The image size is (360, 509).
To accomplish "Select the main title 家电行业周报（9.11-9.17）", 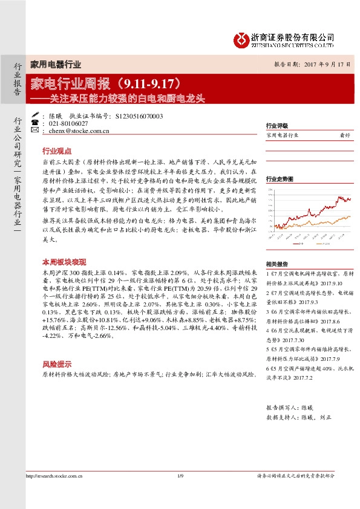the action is tap(113, 82).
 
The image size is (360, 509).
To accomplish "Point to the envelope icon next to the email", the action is tap(34, 130).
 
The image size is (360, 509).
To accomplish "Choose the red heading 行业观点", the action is tap(57, 151).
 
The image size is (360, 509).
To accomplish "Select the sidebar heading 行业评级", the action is tap(277, 125).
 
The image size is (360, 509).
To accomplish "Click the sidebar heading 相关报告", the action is tap(277, 264).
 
